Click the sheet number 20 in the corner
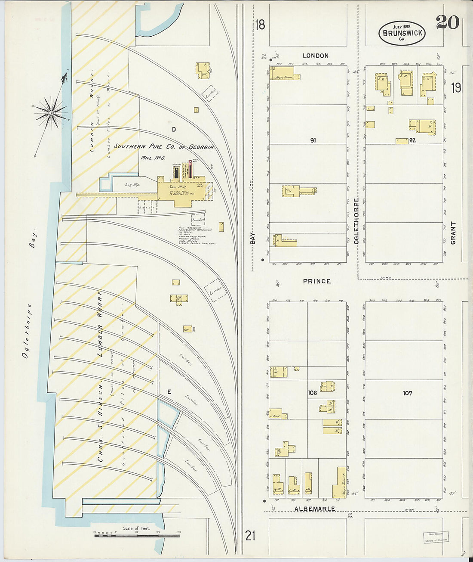pos(448,22)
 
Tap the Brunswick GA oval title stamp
pos(402,33)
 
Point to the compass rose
pos(51,113)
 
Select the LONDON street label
pos(315,56)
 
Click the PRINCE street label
pos(316,281)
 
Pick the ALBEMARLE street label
pos(314,509)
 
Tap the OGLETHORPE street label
pos(356,221)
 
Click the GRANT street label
pos(453,233)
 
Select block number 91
pos(313,140)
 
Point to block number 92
pos(412,140)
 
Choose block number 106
pos(312,393)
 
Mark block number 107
pos(407,393)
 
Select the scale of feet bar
pos(137,535)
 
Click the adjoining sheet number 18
pos(260,25)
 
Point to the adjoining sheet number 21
pos(250,536)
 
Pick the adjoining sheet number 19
pos(456,88)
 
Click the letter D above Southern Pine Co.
pos(174,129)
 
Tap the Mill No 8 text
pos(153,158)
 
